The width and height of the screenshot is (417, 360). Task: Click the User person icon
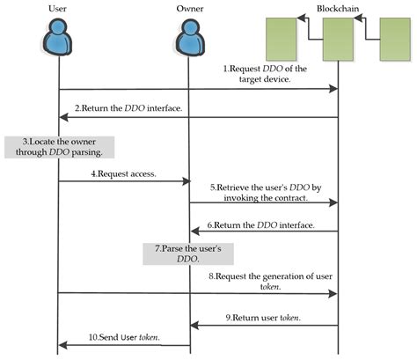pos(56,37)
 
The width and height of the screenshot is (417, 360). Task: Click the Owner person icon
pos(189,37)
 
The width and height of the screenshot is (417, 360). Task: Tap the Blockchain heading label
pos(338,9)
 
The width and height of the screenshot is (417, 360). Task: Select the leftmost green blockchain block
pos(281,40)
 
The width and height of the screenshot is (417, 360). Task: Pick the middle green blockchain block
pos(338,40)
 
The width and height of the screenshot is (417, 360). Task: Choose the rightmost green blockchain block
pos(395,40)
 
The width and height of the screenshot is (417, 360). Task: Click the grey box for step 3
pos(59,147)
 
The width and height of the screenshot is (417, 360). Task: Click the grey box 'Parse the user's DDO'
pos(188,253)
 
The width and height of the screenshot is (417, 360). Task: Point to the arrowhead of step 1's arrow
pos(333,89)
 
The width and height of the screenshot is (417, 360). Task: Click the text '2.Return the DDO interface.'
pos(128,108)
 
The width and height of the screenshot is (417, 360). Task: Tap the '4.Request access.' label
pos(123,173)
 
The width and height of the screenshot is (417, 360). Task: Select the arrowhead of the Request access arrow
pos(187,181)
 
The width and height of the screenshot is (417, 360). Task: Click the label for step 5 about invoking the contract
pos(266,193)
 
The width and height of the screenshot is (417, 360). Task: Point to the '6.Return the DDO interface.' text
pos(261,225)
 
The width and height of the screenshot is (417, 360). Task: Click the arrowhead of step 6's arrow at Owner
pos(194,231)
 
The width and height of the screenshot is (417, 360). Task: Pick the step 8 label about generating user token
pos(270,281)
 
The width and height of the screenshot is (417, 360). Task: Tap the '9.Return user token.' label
pos(263,318)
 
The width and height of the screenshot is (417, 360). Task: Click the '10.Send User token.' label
pos(124,337)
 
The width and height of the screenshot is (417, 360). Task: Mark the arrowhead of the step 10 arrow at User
pos(62,345)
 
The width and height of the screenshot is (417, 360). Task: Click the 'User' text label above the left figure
pos(57,9)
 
